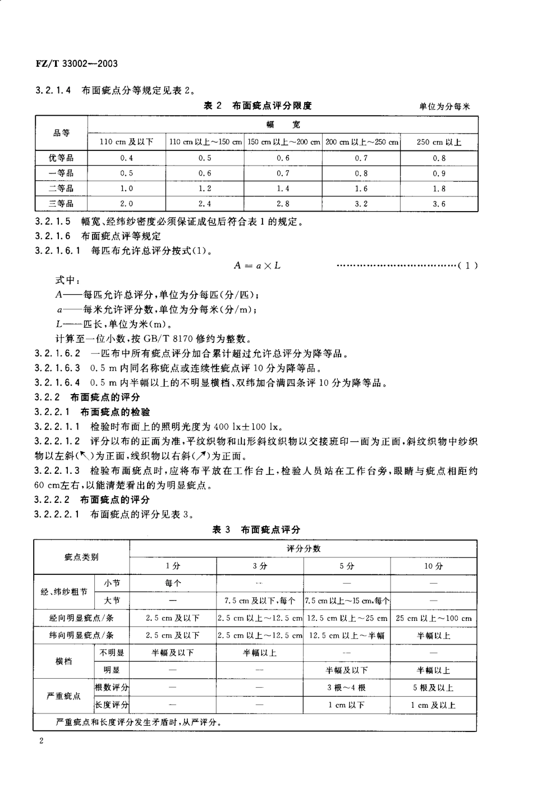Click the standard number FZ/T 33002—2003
tap(73, 63)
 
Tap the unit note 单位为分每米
tap(444, 107)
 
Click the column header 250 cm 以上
tap(439, 142)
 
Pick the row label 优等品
tap(61, 158)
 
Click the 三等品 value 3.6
tap(439, 204)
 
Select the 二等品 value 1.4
tap(283, 189)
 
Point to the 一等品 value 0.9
tap(439, 173)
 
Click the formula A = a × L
tap(258, 265)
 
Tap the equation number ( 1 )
tap(467, 266)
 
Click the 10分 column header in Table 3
tap(433, 566)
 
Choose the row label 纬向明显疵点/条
tap(82, 635)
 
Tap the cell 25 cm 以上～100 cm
tap(433, 619)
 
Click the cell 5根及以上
tap(433, 687)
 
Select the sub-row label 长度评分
tap(112, 704)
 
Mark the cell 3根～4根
tap(347, 687)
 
